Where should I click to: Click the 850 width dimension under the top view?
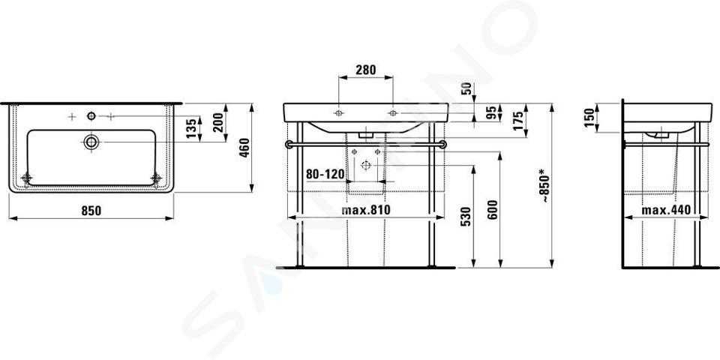pos(91,211)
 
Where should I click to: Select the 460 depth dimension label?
pos(244,148)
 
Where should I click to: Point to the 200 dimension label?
pos(218,122)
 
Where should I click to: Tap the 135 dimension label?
pos(193,128)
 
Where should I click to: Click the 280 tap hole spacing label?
pos(365,70)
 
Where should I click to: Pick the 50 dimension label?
pos(466,88)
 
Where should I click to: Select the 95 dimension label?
pos(491,112)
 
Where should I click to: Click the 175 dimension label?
pos(517,121)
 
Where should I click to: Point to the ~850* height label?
pos(544,186)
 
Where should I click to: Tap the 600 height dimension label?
pos(492,210)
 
